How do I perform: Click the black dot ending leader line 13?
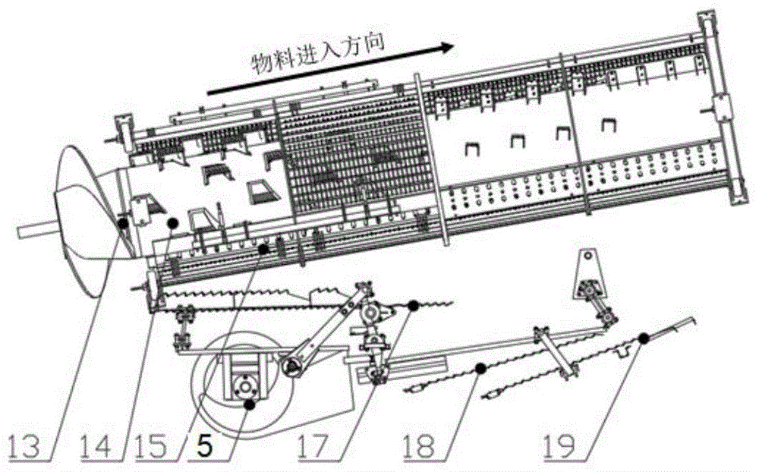(x=123, y=222)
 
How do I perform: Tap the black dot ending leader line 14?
(x=173, y=222)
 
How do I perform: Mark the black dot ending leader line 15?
(x=263, y=248)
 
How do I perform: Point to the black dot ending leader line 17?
(x=413, y=306)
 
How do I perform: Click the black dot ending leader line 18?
(x=480, y=368)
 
